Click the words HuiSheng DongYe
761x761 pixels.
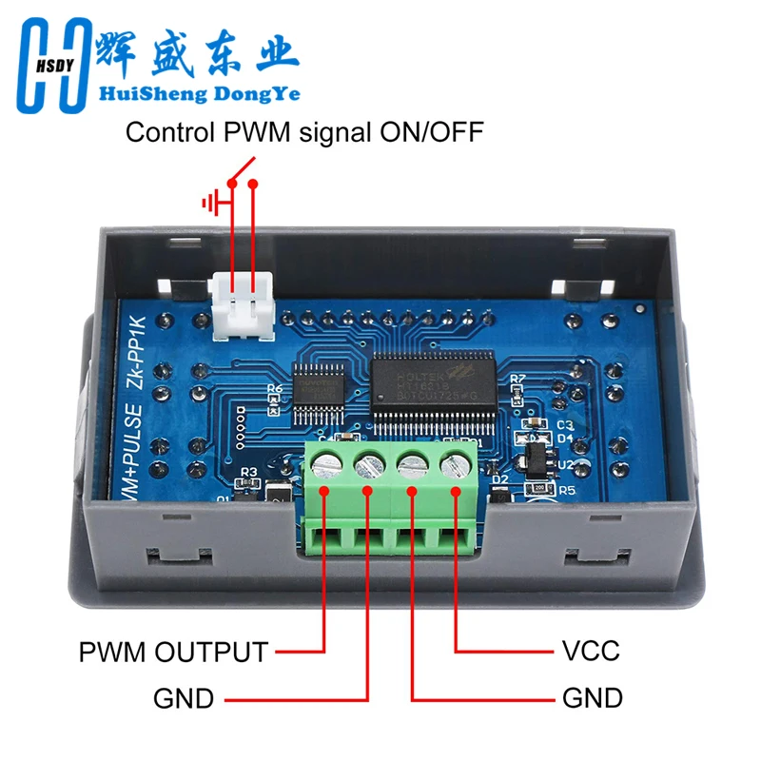pos(194,94)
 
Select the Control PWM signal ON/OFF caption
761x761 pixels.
pos(304,132)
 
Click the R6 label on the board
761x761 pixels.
pos(275,389)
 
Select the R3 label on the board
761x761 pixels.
pos(249,472)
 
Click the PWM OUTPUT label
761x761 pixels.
pos(174,653)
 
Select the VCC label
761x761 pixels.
pos(591,652)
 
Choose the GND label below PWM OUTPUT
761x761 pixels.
pos(184,699)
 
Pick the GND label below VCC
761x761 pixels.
pos(593,699)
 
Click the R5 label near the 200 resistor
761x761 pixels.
pos(568,491)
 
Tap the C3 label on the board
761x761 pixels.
pos(564,424)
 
